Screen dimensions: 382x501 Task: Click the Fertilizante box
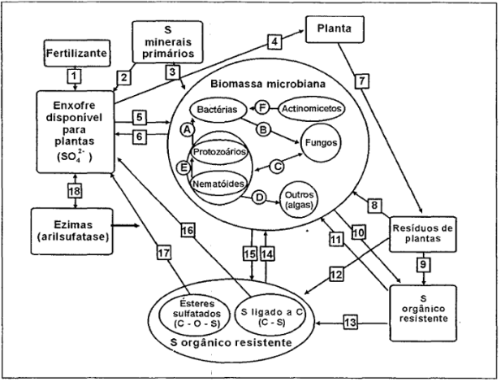coord(71,54)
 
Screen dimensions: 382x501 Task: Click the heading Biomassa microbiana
coord(269,85)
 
